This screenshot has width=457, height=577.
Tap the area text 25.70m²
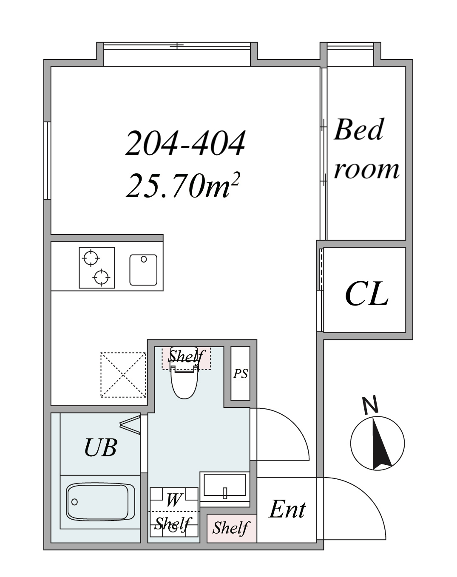182,185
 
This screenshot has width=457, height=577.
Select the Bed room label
366,149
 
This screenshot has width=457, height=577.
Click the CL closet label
366,294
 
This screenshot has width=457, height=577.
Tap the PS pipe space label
241,373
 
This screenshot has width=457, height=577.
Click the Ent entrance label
287,509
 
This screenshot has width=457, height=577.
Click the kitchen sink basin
143,270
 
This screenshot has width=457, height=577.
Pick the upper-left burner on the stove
91,258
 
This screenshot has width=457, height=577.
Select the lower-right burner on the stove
101,277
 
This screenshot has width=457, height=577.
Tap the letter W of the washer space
173,500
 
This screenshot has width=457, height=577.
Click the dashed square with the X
123,375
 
